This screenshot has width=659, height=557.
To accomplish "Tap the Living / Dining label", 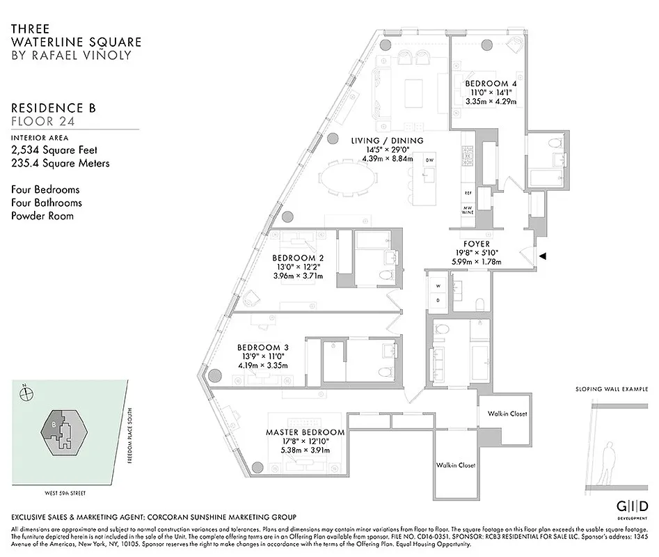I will (x=388, y=141).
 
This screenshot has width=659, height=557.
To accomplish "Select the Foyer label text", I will (x=477, y=244).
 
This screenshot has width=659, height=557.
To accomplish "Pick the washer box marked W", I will (x=438, y=286).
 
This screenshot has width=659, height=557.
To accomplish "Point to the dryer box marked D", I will (x=438, y=300).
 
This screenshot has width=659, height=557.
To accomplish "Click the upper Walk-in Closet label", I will (x=507, y=414).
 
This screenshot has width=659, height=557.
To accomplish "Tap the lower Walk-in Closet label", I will (x=456, y=465).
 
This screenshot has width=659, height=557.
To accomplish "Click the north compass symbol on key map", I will (x=26, y=393).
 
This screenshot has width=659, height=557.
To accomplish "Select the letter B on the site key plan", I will (x=53, y=423).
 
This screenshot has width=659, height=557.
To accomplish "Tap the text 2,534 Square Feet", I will (x=54, y=150).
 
